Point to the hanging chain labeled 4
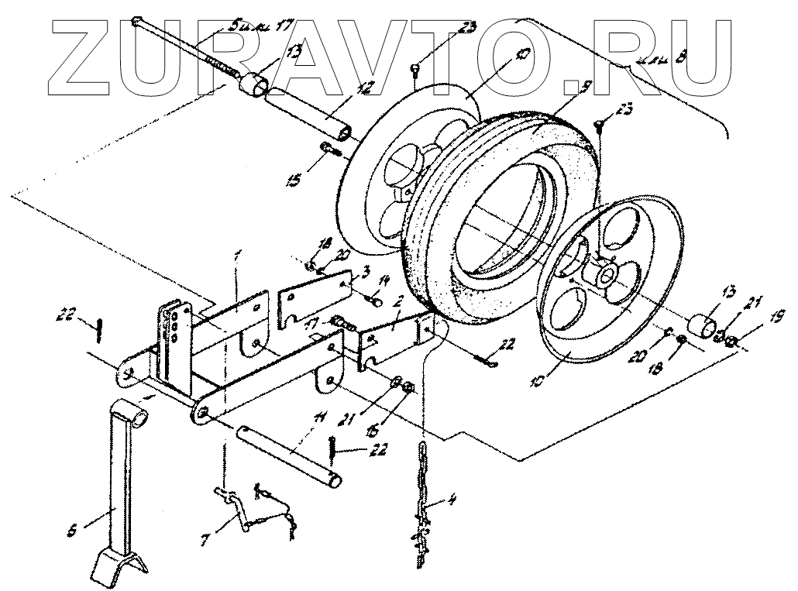pyautogui.click(x=423, y=488)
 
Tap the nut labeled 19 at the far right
pyautogui.click(x=732, y=339)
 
